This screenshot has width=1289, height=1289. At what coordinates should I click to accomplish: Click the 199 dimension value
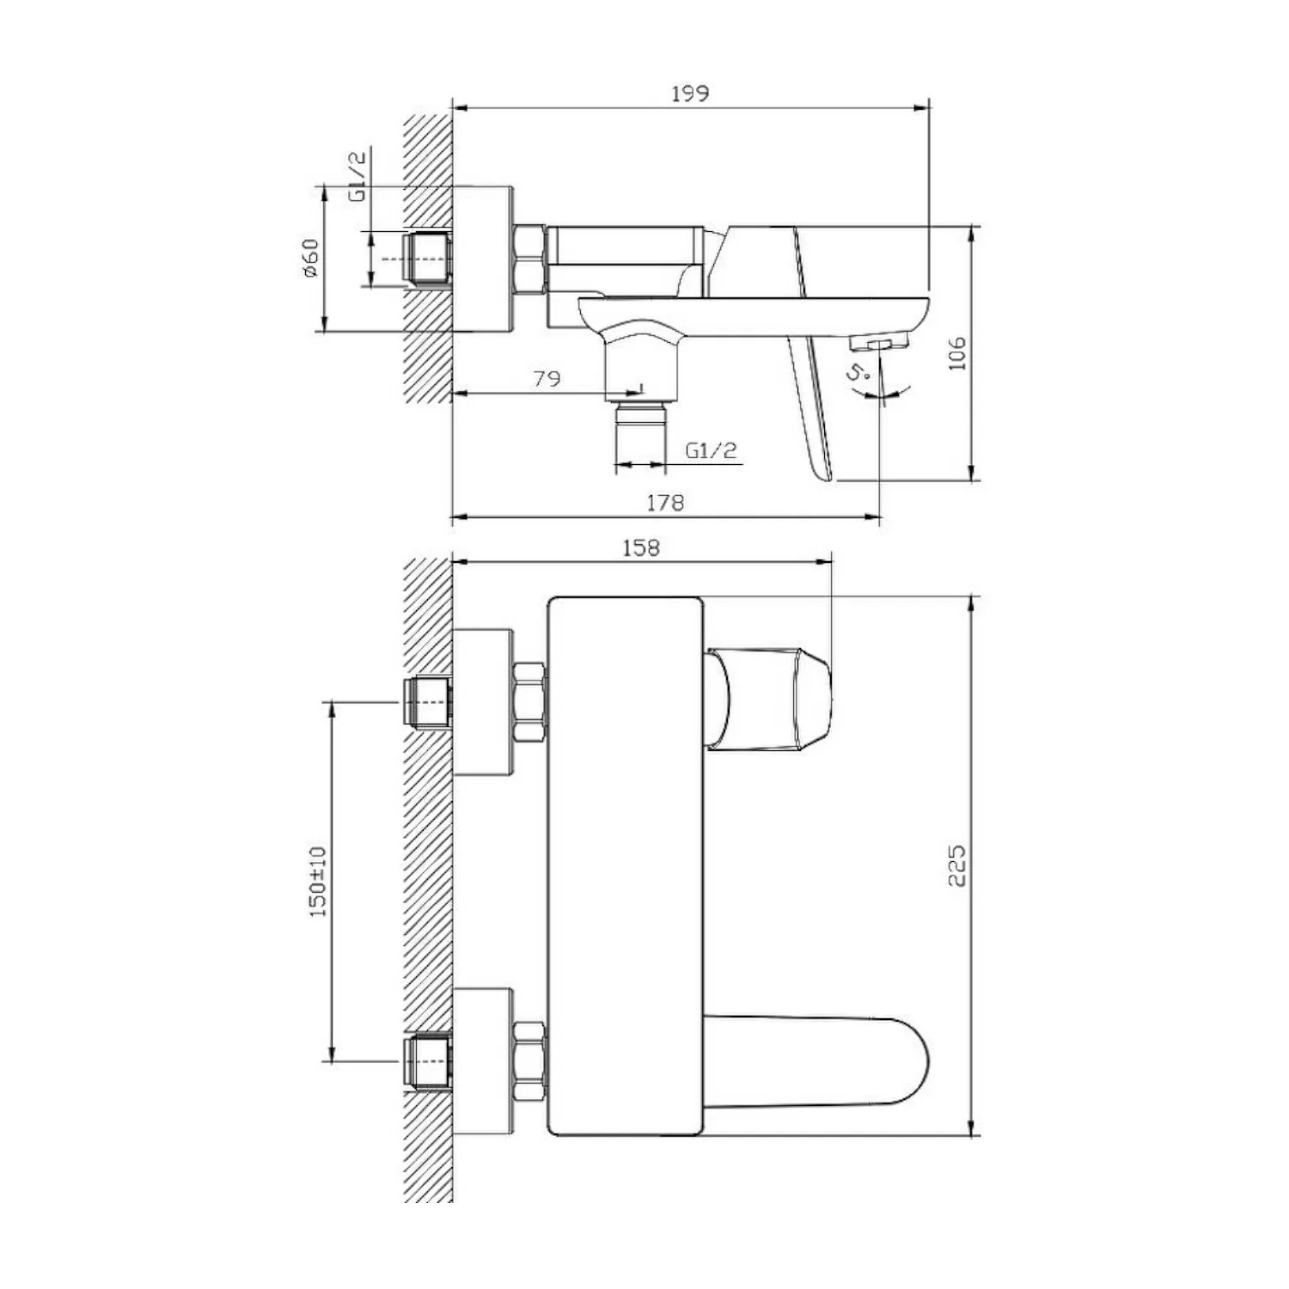tap(690, 93)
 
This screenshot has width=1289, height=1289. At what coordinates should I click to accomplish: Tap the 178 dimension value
tap(665, 503)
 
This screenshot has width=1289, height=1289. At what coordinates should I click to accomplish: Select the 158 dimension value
tap(641, 547)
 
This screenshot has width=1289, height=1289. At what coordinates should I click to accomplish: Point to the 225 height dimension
tap(957, 865)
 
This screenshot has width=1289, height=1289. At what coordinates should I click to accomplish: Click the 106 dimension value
tap(957, 353)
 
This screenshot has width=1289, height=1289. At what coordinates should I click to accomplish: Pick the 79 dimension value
tap(547, 378)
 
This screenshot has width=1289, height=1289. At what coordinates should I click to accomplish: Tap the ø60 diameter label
tap(310, 258)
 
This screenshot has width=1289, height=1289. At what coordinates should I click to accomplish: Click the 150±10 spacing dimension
tap(318, 882)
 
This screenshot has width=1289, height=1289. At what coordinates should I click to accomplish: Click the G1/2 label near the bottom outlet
tap(712, 450)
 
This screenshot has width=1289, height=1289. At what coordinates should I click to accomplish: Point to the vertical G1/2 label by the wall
tap(357, 175)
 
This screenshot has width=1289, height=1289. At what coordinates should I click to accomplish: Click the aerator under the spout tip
tap(879, 343)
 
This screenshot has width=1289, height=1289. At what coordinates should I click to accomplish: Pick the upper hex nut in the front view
tap(529, 703)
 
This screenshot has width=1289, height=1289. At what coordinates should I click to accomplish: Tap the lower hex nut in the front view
tap(529, 1062)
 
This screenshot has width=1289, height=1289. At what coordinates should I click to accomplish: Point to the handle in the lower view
tap(768, 698)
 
